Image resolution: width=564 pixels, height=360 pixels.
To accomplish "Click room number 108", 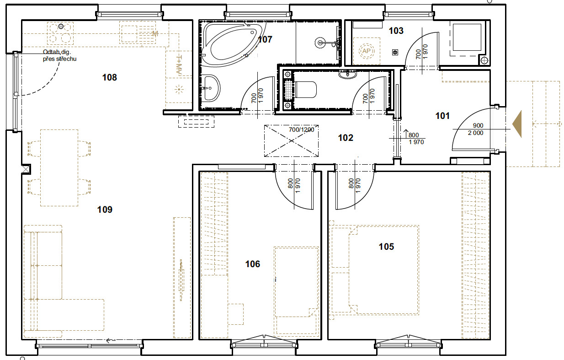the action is [x=110, y=77].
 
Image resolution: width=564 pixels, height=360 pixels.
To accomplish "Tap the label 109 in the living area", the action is [x=105, y=210].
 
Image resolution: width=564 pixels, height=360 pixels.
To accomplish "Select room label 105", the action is [x=386, y=247].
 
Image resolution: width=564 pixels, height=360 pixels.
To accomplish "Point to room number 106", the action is [x=253, y=264].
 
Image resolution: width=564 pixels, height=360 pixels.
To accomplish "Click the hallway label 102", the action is [x=346, y=138].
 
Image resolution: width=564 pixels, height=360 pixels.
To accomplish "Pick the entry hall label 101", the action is [x=442, y=116].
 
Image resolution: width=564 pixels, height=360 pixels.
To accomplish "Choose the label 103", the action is [x=396, y=31].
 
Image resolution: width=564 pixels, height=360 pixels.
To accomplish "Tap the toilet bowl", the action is [x=305, y=90].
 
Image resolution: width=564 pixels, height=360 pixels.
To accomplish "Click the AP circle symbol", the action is [x=367, y=51].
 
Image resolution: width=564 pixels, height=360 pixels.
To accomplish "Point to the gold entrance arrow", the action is [x=517, y=124].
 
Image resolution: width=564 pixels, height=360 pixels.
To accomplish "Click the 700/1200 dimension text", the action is [x=301, y=130].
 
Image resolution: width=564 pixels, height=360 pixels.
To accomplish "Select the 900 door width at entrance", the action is [x=478, y=125].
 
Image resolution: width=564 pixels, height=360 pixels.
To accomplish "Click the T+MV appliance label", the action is [x=179, y=65].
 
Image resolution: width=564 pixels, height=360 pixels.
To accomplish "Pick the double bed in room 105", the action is [x=384, y=270].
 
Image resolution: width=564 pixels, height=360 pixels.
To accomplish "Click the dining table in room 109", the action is [x=59, y=168].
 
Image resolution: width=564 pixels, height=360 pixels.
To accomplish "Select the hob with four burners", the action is [x=60, y=33].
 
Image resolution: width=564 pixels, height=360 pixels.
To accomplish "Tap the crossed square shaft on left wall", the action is [x=26, y=169].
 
